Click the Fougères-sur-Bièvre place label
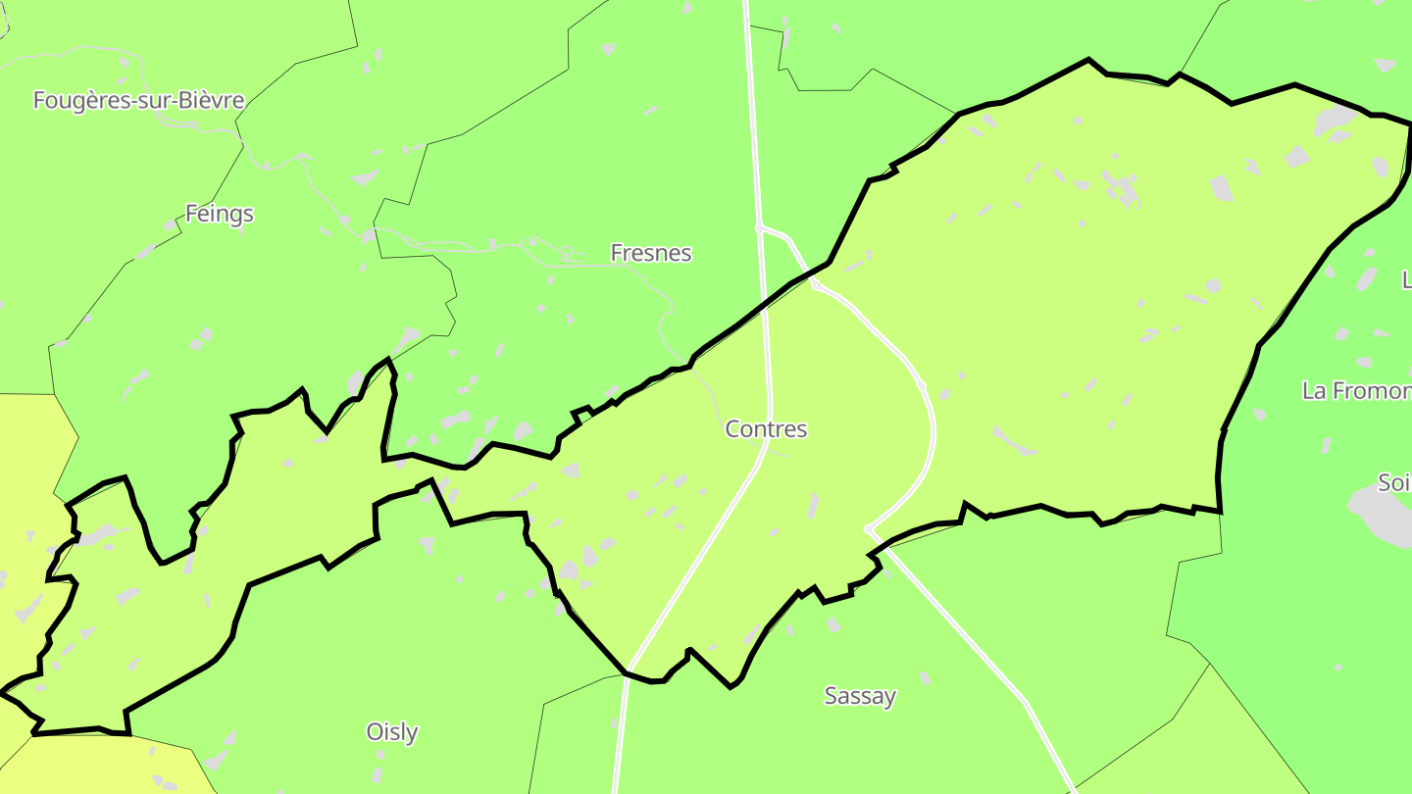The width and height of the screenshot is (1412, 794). pyautogui.click(x=138, y=100)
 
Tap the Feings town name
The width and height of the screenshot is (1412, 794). pyautogui.click(x=219, y=214)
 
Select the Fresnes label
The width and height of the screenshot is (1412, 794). pyautogui.click(x=650, y=253)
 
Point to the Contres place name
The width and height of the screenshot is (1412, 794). pyautogui.click(x=766, y=428)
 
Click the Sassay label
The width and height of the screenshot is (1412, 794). pyautogui.click(x=860, y=696)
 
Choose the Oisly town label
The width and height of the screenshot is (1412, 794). pyautogui.click(x=391, y=731)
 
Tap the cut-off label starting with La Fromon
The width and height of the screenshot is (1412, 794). pyautogui.click(x=1356, y=391)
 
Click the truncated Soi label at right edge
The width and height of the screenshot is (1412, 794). pyautogui.click(x=1393, y=482)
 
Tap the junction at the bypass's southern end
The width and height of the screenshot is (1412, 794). pyautogui.click(x=868, y=530)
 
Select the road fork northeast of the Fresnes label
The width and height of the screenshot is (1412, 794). pyautogui.click(x=759, y=226)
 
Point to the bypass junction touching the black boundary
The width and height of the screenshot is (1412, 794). pyautogui.click(x=815, y=285)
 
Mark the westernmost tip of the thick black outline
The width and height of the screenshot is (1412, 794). pyautogui.click(x=2, y=693)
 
